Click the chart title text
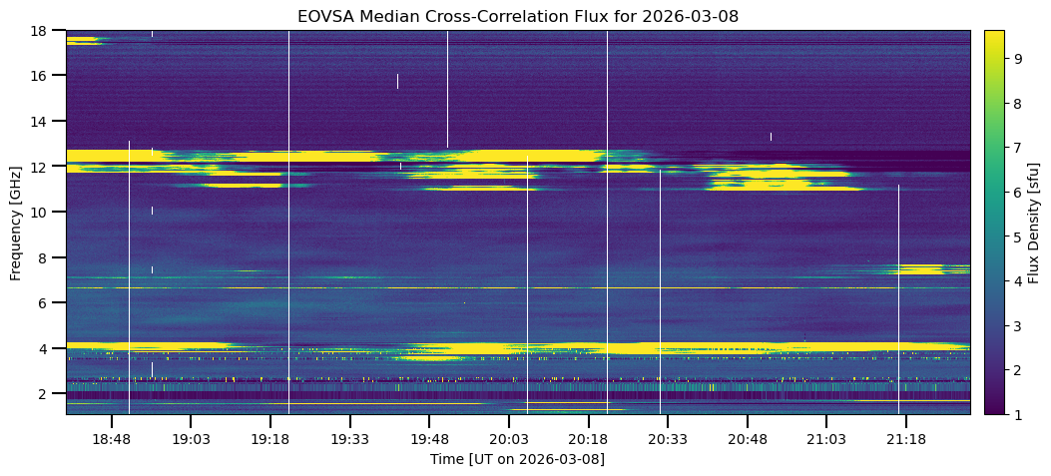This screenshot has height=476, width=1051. click(x=517, y=16)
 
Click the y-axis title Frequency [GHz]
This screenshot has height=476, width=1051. click(x=16, y=222)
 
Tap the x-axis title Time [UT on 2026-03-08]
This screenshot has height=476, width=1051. click(x=517, y=459)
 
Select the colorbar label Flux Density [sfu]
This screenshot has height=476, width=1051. click(x=1034, y=222)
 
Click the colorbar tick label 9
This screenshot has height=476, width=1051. click(x=1020, y=59)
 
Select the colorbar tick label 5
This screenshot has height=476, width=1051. click(x=1020, y=237)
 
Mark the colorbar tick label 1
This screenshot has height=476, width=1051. click(x=1020, y=413)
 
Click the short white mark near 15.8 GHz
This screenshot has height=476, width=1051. click(x=397, y=81)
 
